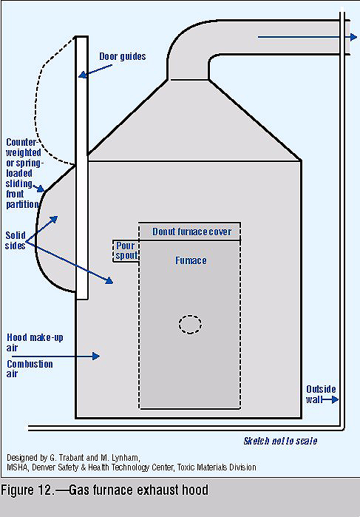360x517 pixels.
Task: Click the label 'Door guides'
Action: (123, 57)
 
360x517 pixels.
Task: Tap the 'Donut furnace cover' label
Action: (192, 232)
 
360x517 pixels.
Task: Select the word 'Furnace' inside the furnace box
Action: (191, 260)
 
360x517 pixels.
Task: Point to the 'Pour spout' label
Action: (126, 251)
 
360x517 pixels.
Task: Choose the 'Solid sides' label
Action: (16, 240)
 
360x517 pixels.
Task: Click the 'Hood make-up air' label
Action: (35, 342)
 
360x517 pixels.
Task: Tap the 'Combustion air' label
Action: (30, 368)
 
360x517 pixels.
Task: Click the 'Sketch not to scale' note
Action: (280, 441)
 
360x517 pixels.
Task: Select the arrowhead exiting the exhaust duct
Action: (353, 37)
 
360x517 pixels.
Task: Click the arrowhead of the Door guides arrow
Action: (82, 75)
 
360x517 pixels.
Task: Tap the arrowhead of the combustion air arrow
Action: (96, 356)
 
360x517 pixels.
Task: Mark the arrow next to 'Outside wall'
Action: (330, 399)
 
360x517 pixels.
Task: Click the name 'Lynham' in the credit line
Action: (125, 458)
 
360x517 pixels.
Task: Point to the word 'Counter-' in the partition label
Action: (22, 143)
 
